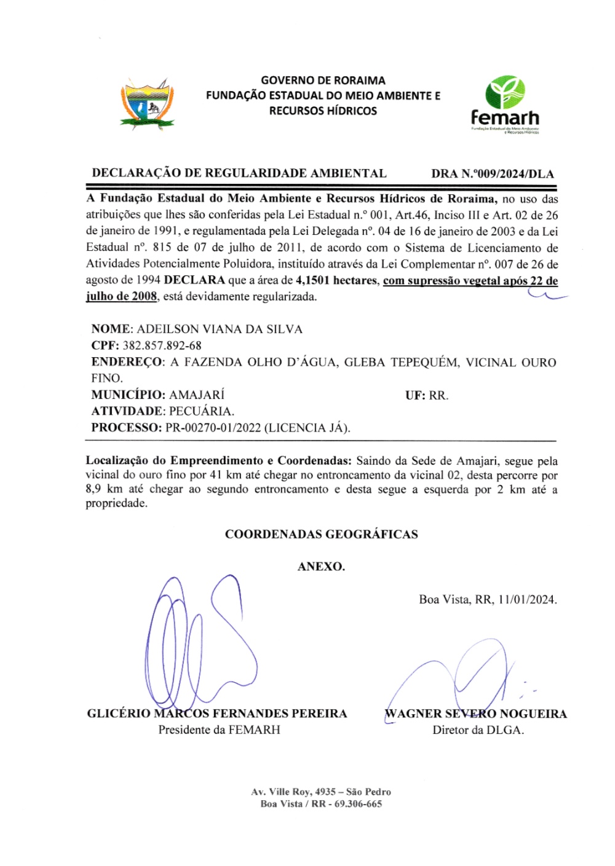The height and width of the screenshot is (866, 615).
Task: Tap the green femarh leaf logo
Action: tap(505, 92)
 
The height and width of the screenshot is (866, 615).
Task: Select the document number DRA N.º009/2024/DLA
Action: tap(492, 174)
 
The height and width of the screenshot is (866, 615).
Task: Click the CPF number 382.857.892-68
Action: tap(162, 345)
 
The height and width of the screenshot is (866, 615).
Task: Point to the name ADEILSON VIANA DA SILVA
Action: tap(220, 329)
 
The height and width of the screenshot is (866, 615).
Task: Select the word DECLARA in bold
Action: tap(194, 280)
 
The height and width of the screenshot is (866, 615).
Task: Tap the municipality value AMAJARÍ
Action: tap(196, 395)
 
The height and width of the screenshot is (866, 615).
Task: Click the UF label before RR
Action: tap(415, 395)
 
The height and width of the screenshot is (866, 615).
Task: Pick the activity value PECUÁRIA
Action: tap(201, 411)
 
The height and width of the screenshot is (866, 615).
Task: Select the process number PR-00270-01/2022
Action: tap(213, 428)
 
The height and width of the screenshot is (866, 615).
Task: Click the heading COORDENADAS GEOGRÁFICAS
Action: tap(321, 534)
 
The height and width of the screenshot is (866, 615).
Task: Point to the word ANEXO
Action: tap(321, 567)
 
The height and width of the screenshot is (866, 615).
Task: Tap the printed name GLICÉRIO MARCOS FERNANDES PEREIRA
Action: tap(217, 714)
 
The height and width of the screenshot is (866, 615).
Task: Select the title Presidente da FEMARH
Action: tap(219, 730)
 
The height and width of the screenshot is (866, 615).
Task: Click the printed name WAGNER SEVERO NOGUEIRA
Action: tap(475, 714)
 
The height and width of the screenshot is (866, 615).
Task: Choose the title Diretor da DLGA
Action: tap(478, 730)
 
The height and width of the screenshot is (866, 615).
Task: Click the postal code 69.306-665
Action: tap(358, 804)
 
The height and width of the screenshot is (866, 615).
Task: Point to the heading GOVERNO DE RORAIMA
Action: tap(323, 81)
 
